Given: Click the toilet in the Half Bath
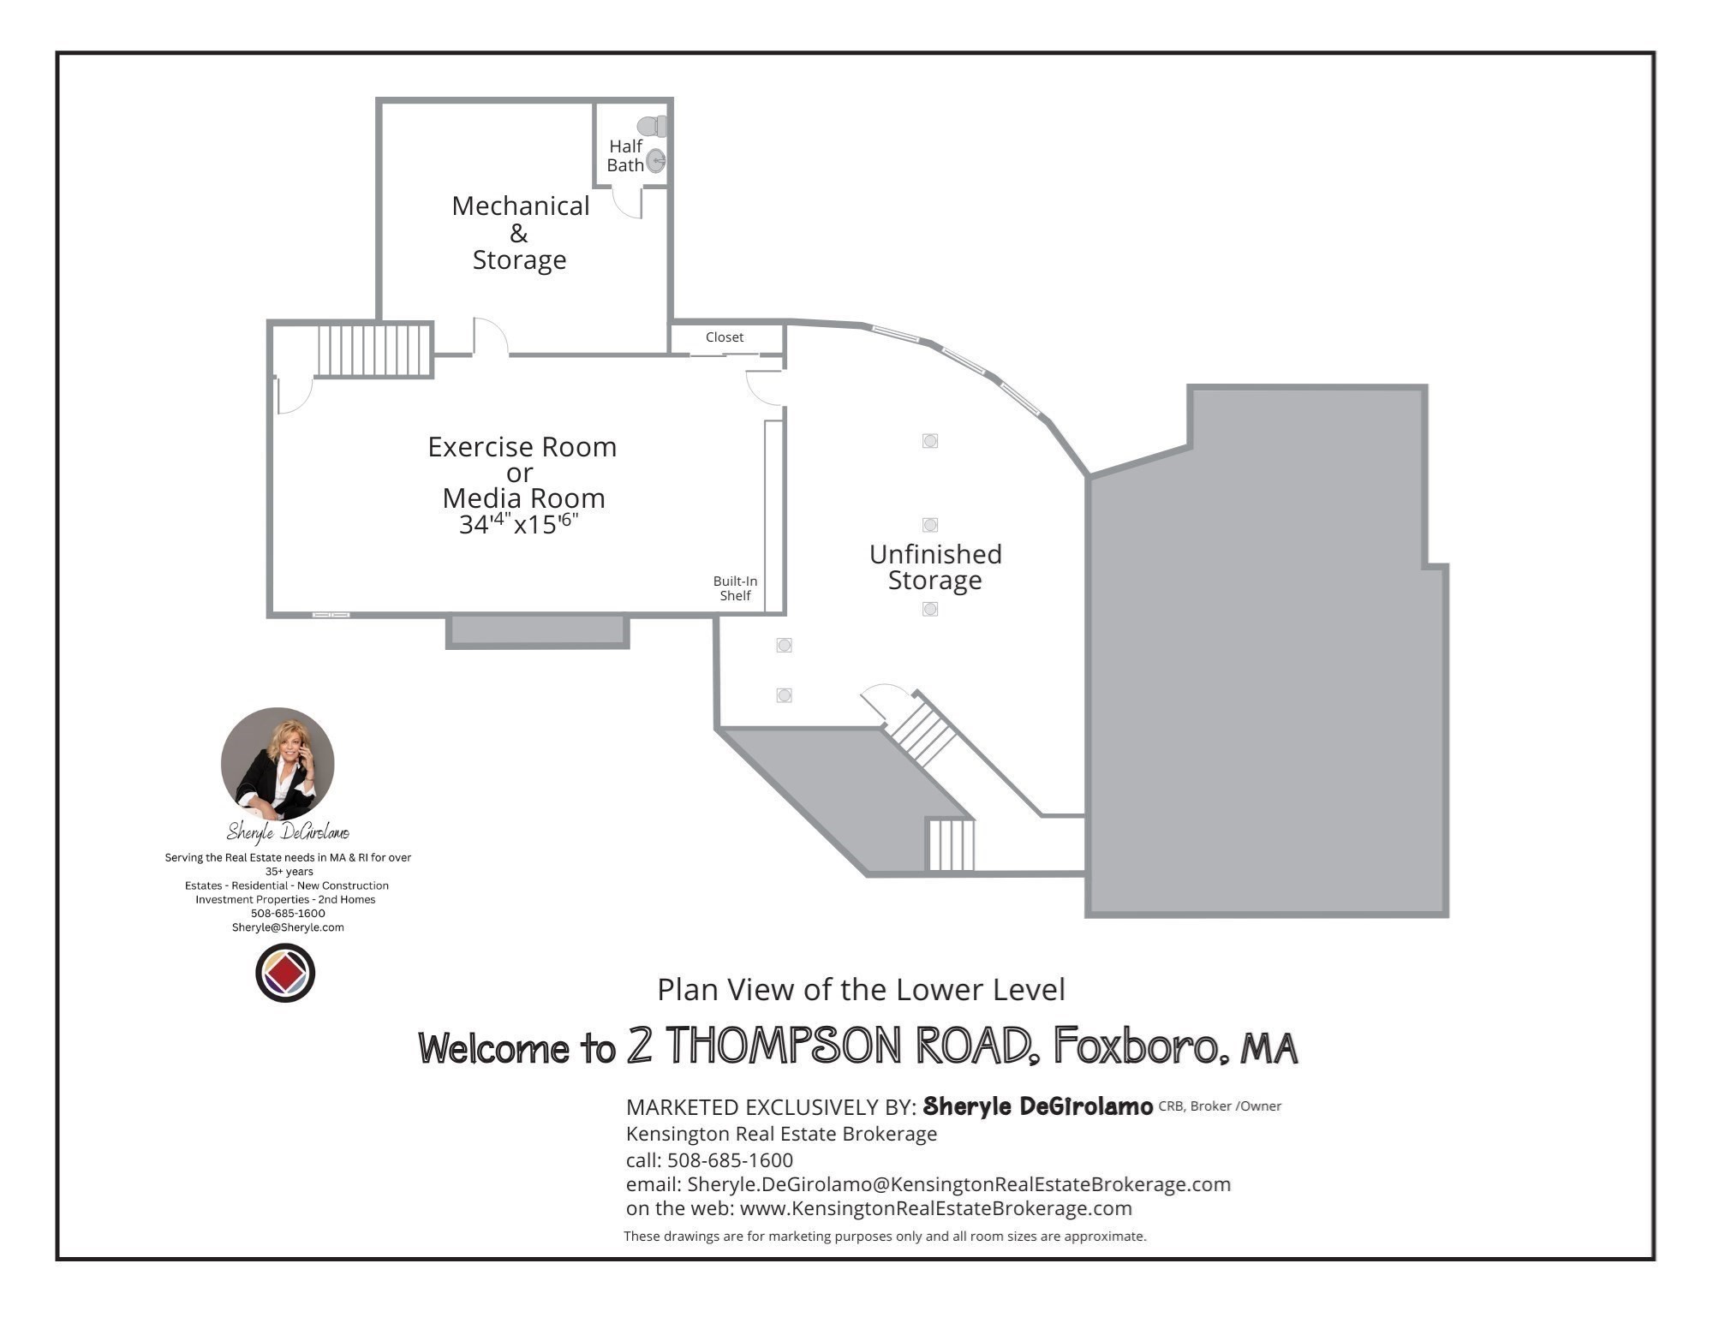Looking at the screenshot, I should [x=653, y=127].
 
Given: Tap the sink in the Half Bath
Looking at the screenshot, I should [x=655, y=161].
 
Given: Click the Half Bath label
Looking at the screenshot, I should [x=625, y=156].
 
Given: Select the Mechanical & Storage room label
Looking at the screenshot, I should [x=520, y=232].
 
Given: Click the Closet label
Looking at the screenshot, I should [x=725, y=337].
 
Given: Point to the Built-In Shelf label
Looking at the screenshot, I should [x=735, y=588].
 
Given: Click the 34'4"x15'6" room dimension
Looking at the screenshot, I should [x=519, y=524].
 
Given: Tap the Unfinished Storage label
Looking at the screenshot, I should [x=935, y=567].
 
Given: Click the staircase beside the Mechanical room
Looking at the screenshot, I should [x=373, y=349].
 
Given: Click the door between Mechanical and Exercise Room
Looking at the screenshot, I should [x=490, y=337].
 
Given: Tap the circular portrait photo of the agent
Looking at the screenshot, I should [x=278, y=763].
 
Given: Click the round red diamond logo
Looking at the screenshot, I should [x=285, y=973].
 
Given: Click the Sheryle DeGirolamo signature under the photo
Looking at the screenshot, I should [x=288, y=831].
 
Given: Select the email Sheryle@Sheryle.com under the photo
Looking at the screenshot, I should [x=288, y=927].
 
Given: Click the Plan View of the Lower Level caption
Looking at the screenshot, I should [x=861, y=990].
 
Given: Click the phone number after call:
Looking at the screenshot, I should [x=730, y=1160].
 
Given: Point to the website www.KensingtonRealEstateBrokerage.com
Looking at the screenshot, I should [x=935, y=1208].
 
